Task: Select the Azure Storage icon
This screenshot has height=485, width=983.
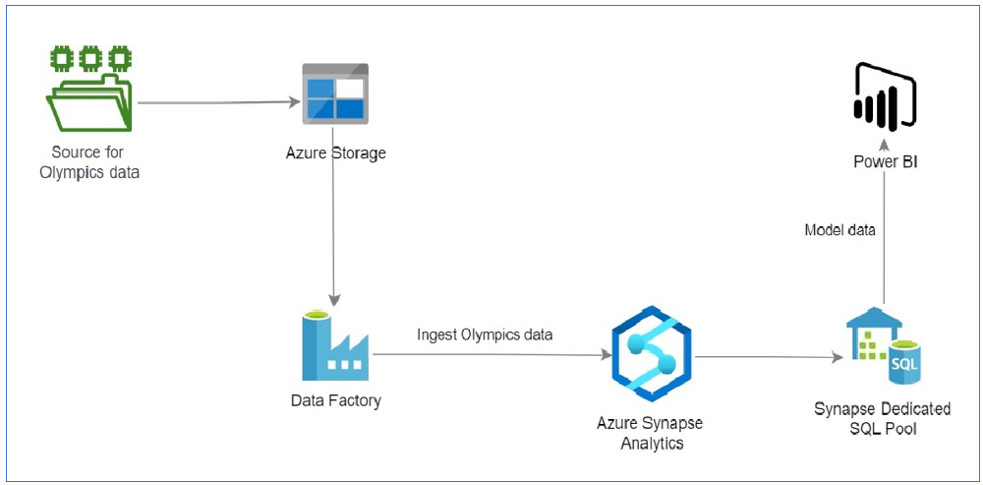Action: tap(334, 94)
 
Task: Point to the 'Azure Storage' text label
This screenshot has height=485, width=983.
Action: tap(335, 152)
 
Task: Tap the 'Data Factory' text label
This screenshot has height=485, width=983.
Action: tap(335, 400)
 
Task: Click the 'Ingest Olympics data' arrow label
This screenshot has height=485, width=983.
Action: tap(485, 334)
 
